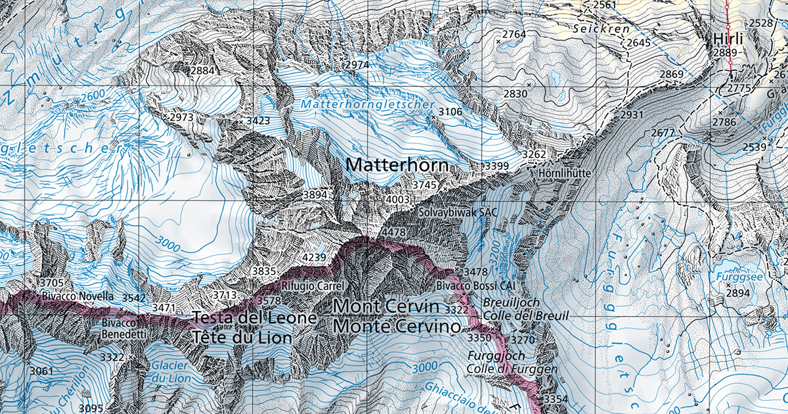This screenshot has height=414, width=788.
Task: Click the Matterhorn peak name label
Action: click(x=397, y=165)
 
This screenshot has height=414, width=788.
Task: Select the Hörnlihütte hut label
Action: click(x=565, y=173)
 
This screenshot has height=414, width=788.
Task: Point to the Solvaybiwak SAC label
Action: click(x=458, y=212)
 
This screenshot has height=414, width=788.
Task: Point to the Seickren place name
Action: click(x=601, y=29)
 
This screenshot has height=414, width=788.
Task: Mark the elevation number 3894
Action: click(x=315, y=195)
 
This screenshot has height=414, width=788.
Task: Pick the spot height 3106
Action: click(x=450, y=112)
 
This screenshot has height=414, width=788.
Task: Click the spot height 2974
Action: click(x=357, y=65)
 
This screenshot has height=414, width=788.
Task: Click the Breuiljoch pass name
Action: click(x=512, y=302)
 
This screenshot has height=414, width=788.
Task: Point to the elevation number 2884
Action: click(x=202, y=70)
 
